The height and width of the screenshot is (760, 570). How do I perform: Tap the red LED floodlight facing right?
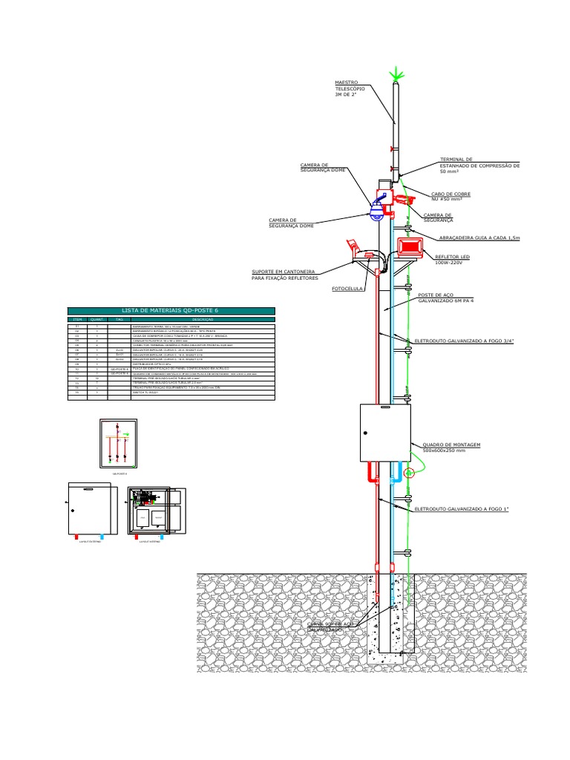pyautogui.click(x=410, y=247)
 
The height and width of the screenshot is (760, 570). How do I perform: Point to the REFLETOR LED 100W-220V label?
pyautogui.click(x=448, y=259)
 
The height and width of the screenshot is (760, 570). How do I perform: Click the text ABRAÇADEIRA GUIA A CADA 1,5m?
pyautogui.click(x=479, y=238)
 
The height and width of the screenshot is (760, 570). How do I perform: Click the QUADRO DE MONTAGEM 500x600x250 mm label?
pyautogui.click(x=451, y=447)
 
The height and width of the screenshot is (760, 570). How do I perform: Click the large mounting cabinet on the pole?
pyautogui.click(x=385, y=438)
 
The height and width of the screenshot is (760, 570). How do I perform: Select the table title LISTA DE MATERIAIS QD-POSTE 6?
pyautogui.click(x=171, y=310)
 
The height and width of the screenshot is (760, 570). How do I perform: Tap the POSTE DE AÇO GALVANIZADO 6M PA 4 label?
pyautogui.click(x=445, y=297)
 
